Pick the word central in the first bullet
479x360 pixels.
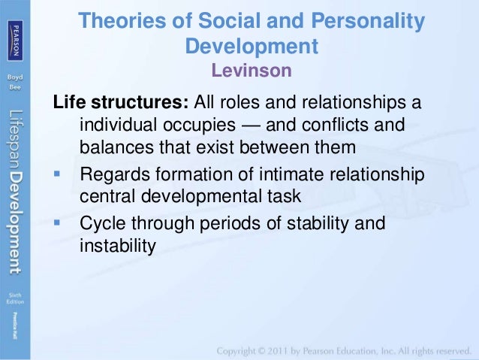(110, 197)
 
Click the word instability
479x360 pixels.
(116, 245)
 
